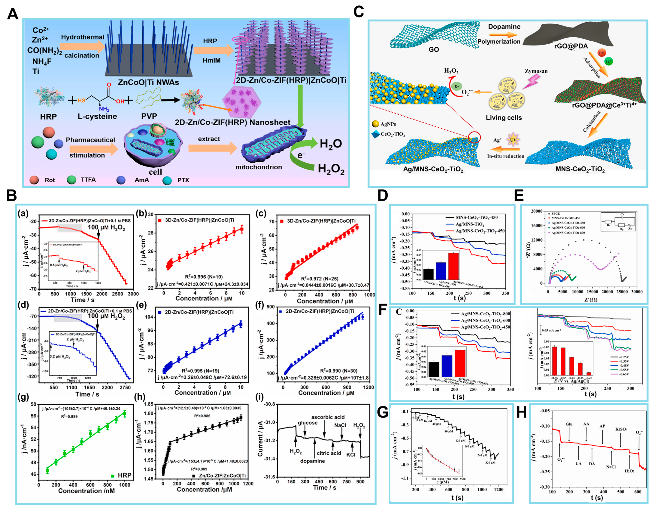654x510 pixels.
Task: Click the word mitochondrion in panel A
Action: click(x=258, y=167)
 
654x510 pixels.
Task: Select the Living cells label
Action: click(x=504, y=118)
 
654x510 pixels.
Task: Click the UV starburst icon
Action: click(x=513, y=140)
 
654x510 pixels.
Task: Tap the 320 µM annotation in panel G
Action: click(x=490, y=463)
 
